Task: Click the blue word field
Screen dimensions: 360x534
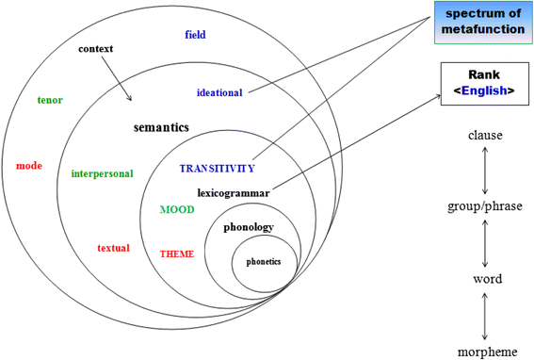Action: click(195, 35)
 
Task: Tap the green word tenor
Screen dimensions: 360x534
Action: click(50, 100)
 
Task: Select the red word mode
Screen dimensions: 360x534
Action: click(29, 166)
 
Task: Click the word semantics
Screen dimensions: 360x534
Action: click(161, 126)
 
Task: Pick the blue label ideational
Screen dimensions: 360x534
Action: click(219, 92)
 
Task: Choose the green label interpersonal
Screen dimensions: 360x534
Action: click(102, 173)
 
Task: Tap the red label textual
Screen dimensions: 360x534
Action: click(113, 248)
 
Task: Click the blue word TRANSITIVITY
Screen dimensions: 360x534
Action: click(217, 169)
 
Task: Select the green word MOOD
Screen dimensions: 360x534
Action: click(177, 209)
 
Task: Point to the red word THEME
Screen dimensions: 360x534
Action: click(177, 254)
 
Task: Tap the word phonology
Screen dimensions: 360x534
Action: click(249, 227)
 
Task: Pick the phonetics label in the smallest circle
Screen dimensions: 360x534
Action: click(264, 261)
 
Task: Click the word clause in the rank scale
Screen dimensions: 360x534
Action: click(485, 136)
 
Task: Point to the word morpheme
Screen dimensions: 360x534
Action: click(485, 352)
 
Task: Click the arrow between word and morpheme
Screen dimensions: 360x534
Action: click(485, 315)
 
